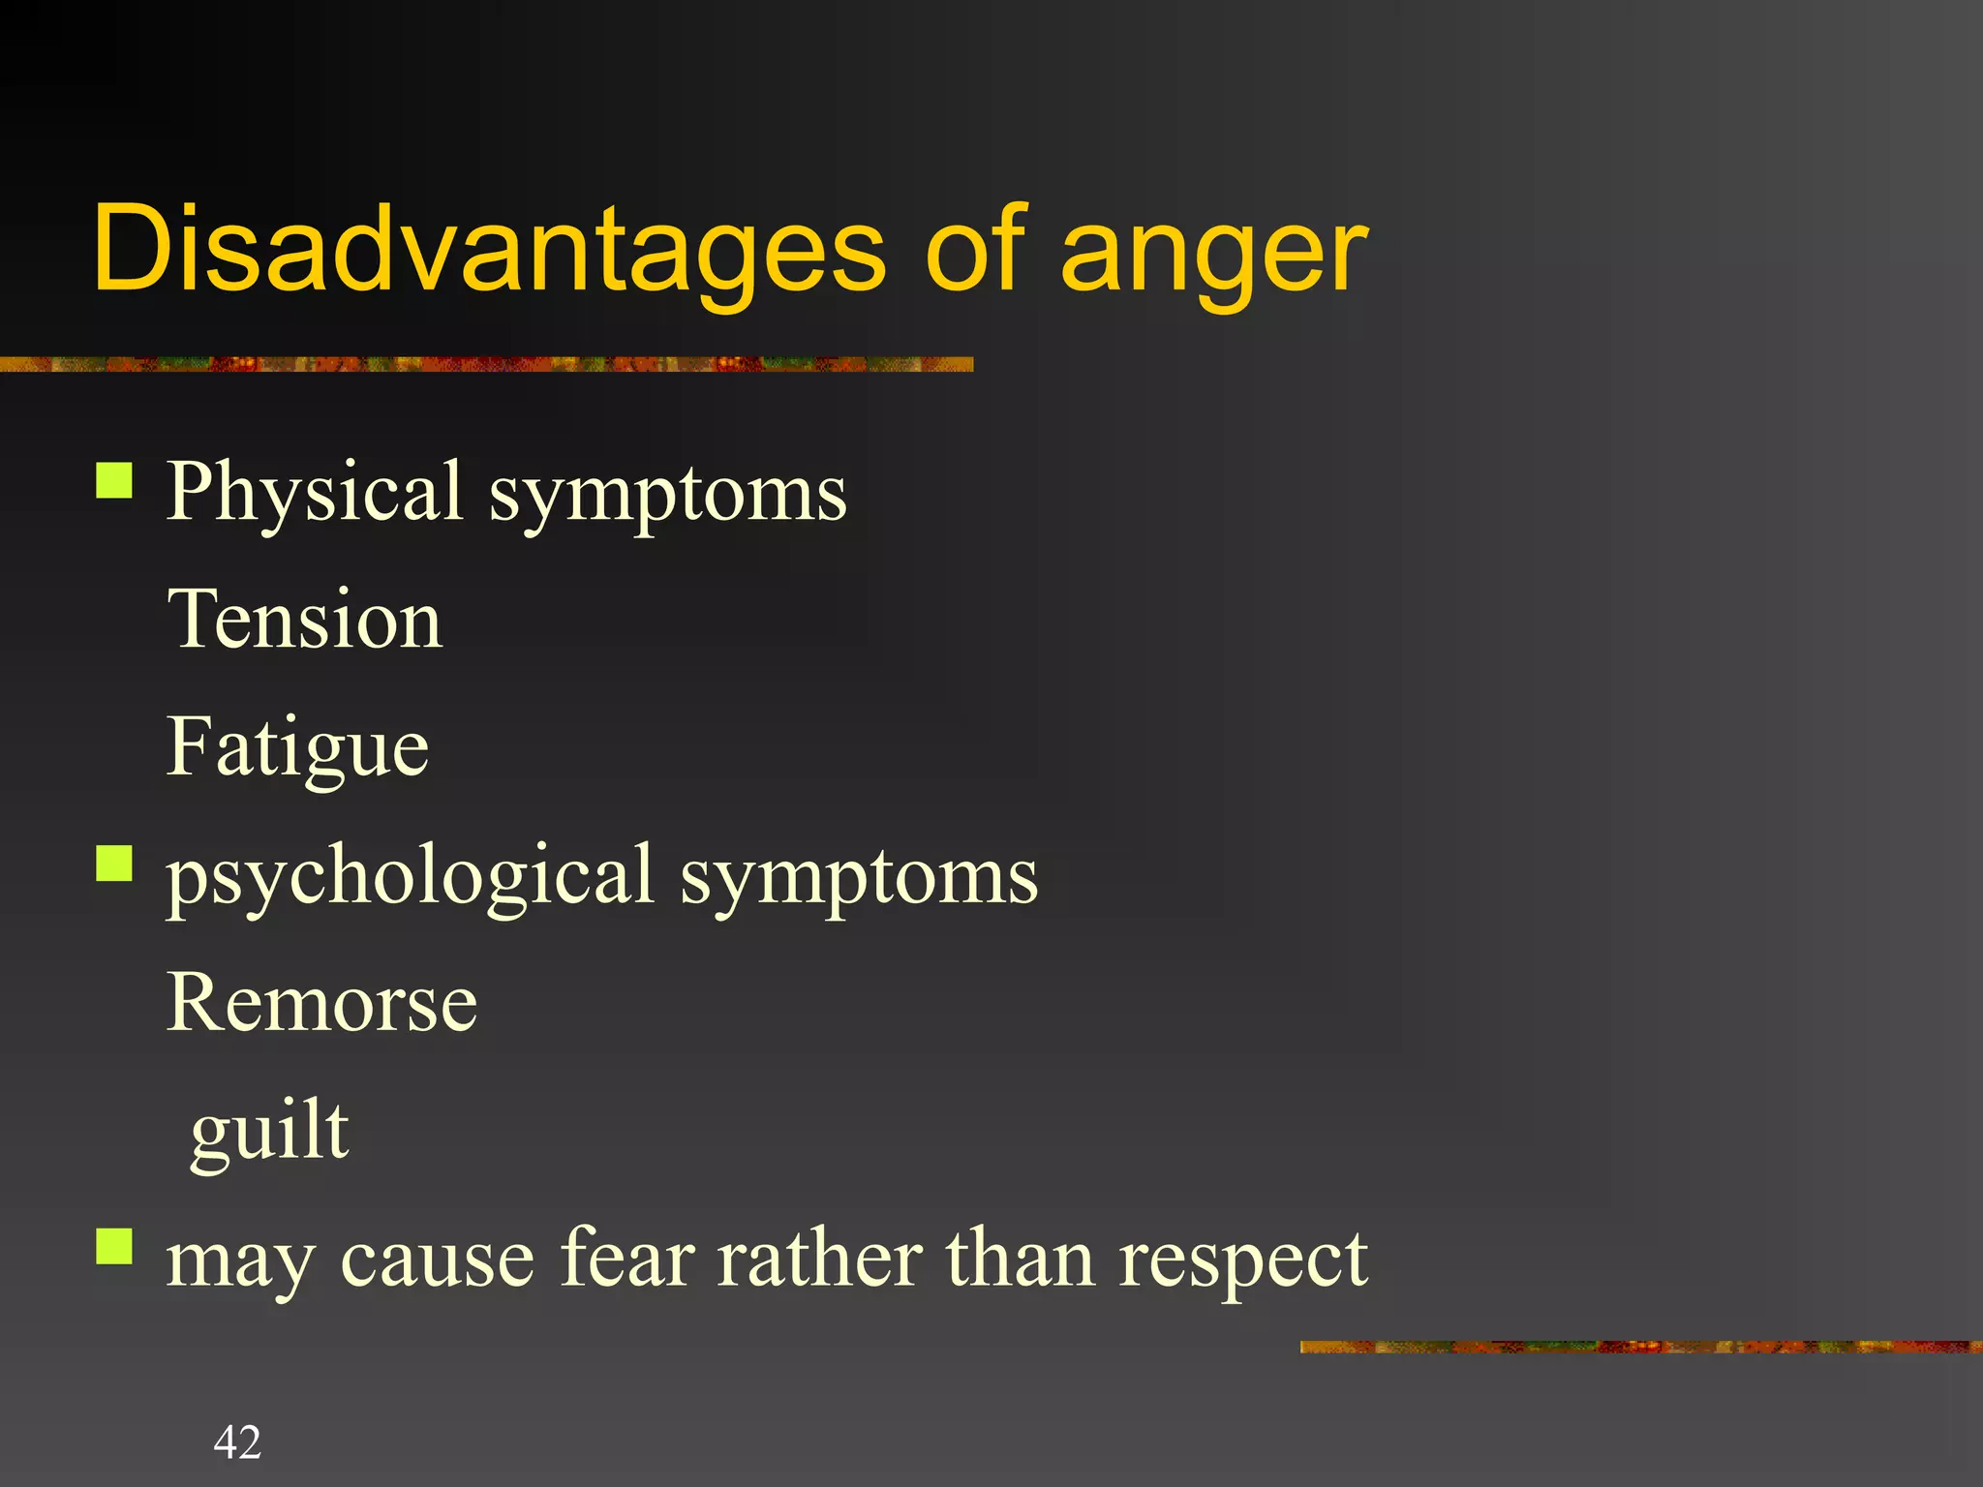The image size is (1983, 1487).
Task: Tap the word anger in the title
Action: tap(1214, 254)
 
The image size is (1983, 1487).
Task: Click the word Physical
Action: tap(315, 494)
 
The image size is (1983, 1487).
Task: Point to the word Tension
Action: tap(305, 620)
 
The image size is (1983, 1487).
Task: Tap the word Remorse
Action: tap(321, 1003)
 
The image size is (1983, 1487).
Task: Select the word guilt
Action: tap(269, 1132)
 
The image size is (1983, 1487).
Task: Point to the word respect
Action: tap(1243, 1261)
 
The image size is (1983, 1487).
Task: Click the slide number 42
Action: tap(237, 1441)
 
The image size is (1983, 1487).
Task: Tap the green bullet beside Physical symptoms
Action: tap(114, 479)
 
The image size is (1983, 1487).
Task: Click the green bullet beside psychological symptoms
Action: tap(114, 863)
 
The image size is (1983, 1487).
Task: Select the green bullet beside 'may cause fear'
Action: tap(114, 1246)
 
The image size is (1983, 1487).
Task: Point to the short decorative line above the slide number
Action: tap(1640, 1347)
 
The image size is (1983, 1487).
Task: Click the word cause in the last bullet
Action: tap(438, 1260)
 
